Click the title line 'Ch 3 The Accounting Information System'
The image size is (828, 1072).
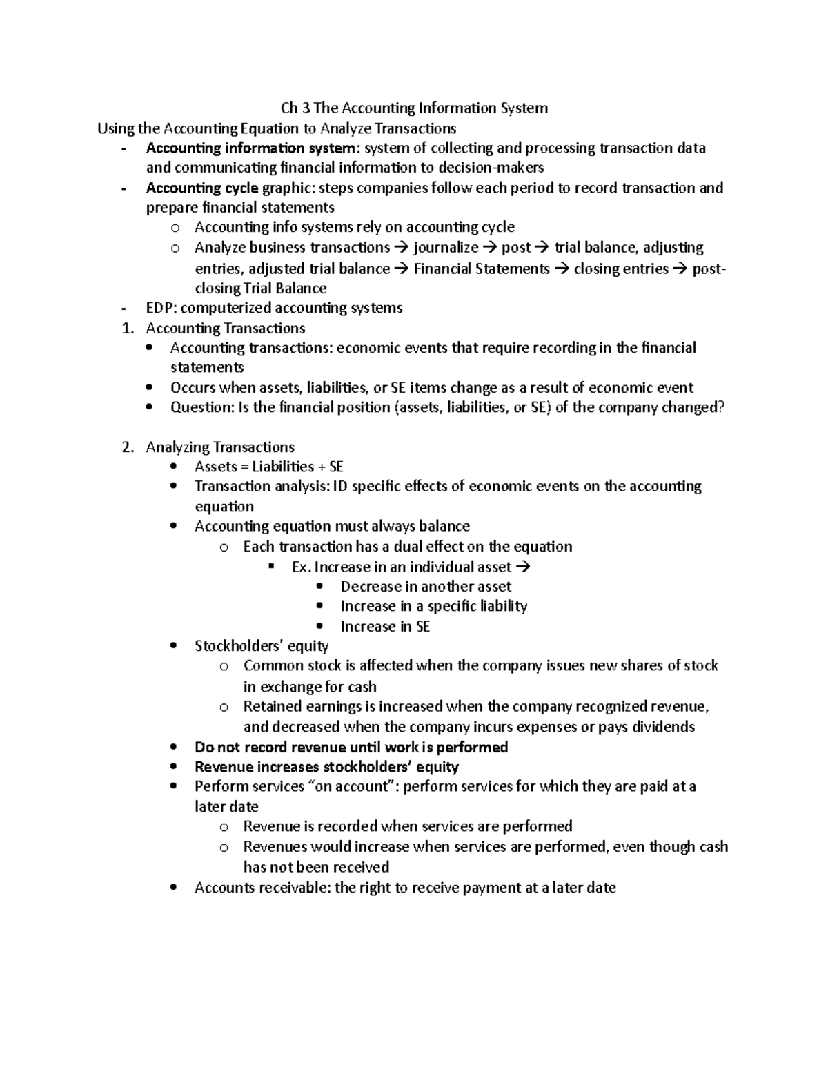click(x=414, y=108)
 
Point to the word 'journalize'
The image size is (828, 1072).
click(x=446, y=248)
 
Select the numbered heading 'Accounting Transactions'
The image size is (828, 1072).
click(x=226, y=328)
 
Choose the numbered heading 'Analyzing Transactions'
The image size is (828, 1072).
click(x=220, y=447)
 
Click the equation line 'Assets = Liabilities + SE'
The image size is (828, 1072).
click(x=268, y=467)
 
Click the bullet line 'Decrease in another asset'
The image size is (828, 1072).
click(x=426, y=587)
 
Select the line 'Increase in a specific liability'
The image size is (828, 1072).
click(x=433, y=606)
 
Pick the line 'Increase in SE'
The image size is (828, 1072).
click(x=385, y=627)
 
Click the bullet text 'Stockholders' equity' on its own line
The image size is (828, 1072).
click(x=262, y=646)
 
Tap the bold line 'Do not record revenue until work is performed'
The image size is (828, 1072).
click(x=351, y=747)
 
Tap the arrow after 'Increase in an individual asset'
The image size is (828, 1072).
click(x=523, y=567)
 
